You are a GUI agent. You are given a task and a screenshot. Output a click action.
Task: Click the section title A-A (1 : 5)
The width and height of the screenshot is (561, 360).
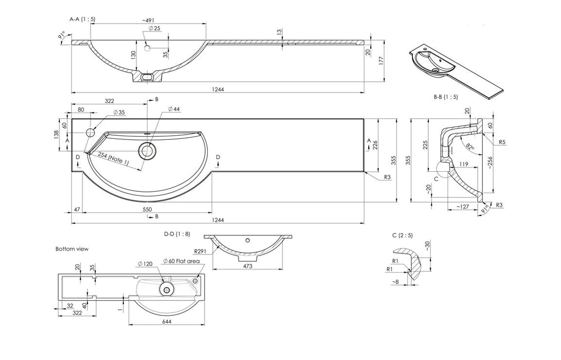click(x=82, y=19)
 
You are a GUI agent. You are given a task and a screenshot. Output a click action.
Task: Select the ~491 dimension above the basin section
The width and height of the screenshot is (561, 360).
click(x=149, y=21)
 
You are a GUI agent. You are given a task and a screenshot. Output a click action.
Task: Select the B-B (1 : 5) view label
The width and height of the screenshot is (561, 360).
click(x=445, y=97)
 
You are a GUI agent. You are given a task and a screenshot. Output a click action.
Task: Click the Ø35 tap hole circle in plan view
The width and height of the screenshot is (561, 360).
click(x=91, y=133)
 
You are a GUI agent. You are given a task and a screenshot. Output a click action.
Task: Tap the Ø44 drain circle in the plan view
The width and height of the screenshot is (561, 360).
click(x=147, y=151)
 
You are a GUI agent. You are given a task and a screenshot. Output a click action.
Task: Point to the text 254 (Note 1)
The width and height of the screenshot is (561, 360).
click(x=113, y=159)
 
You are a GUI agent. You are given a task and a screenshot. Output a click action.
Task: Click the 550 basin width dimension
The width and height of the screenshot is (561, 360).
click(x=147, y=209)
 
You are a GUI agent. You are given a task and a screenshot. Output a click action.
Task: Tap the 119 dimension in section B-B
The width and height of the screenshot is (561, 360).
click(x=464, y=165)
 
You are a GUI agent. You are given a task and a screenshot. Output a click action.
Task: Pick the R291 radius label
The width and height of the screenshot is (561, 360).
click(x=200, y=251)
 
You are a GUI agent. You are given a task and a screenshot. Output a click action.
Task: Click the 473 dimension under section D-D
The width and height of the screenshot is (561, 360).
click(x=247, y=266)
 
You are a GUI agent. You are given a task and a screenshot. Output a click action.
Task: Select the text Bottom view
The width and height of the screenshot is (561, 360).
click(x=72, y=249)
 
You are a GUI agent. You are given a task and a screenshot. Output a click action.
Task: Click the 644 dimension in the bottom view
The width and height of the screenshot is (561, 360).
click(x=166, y=322)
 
